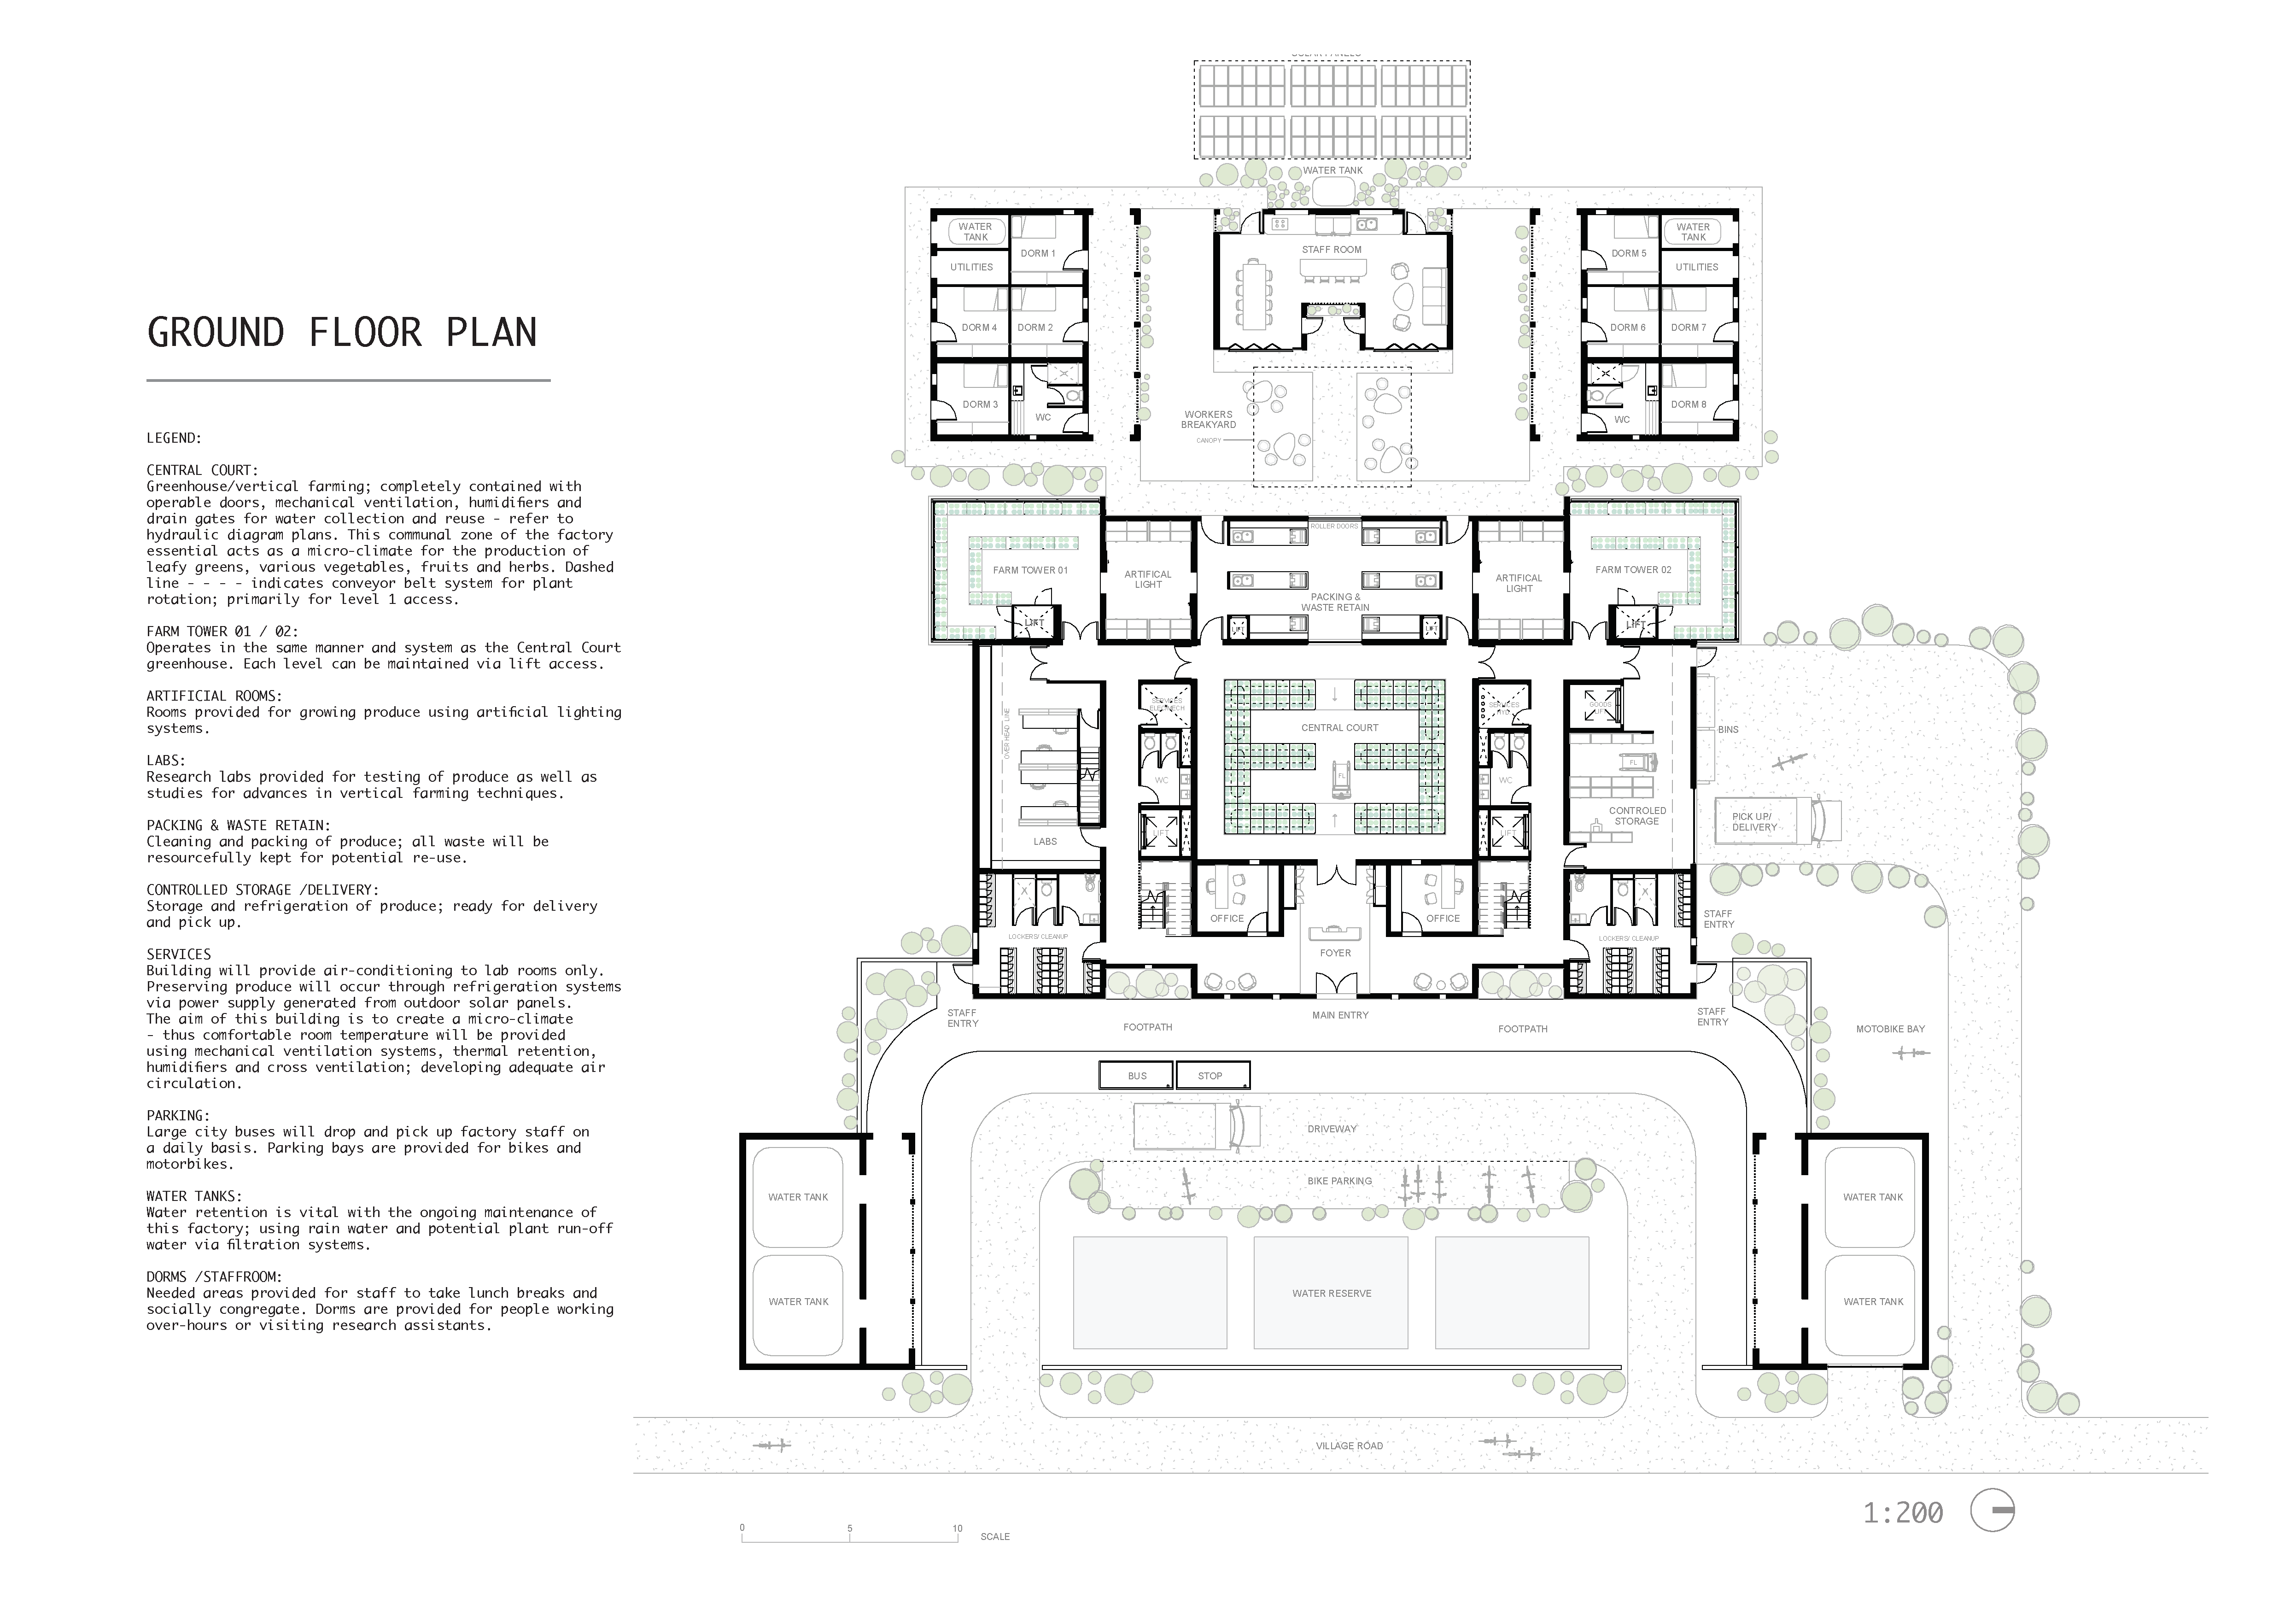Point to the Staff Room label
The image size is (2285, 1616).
pyautogui.click(x=1332, y=250)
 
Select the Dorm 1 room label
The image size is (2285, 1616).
pyautogui.click(x=1038, y=254)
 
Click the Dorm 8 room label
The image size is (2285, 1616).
pyautogui.click(x=1689, y=405)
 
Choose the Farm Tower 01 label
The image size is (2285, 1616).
pyautogui.click(x=1030, y=570)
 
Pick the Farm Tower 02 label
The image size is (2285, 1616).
pyautogui.click(x=1633, y=570)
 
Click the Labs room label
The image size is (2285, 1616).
pyautogui.click(x=1045, y=842)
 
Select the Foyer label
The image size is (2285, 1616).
pyautogui.click(x=1336, y=953)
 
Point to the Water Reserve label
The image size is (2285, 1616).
pyautogui.click(x=1332, y=1294)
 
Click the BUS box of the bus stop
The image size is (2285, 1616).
pyautogui.click(x=1137, y=1076)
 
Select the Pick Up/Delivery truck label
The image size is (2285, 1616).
pyautogui.click(x=1753, y=822)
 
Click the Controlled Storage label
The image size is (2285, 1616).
pyautogui.click(x=1637, y=816)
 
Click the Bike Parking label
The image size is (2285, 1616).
pyautogui.click(x=1339, y=1181)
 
